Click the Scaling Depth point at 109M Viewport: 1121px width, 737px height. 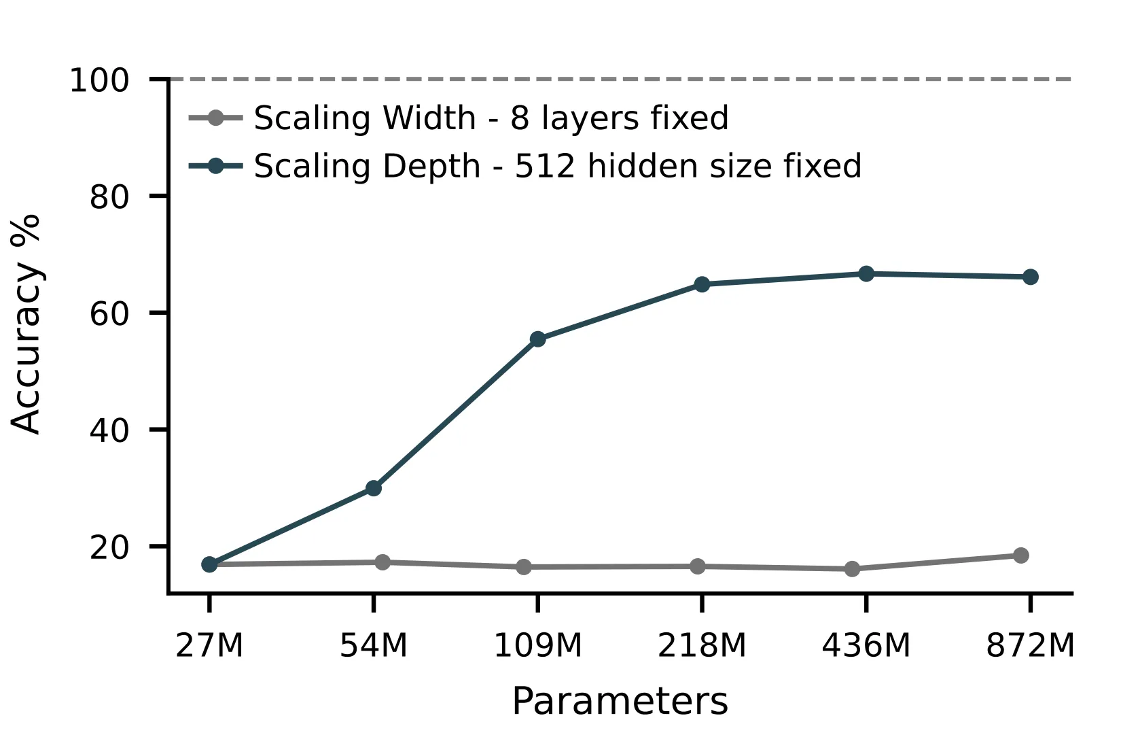click(x=537, y=339)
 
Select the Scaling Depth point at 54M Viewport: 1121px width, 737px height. click(x=374, y=488)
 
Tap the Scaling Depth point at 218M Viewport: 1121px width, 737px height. click(x=702, y=284)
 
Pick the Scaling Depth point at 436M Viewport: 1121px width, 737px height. click(x=866, y=274)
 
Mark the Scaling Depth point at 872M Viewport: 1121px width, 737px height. click(x=1030, y=277)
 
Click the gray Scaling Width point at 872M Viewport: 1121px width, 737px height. click(x=1020, y=555)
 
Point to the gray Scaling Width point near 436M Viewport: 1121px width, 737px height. click(x=852, y=569)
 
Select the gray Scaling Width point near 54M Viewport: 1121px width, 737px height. click(x=382, y=562)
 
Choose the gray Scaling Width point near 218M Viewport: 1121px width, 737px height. click(x=698, y=566)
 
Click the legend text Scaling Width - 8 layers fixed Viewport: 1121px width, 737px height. click(x=491, y=118)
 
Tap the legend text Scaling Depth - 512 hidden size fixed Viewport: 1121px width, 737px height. click(x=557, y=167)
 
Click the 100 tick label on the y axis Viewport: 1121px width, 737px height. click(x=99, y=81)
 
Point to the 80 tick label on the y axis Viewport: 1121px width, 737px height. click(x=109, y=197)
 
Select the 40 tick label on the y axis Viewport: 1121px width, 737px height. click(x=109, y=430)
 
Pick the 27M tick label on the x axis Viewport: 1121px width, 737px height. click(x=209, y=645)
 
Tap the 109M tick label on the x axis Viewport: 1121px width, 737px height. click(x=537, y=645)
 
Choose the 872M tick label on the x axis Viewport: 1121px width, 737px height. click(x=1030, y=645)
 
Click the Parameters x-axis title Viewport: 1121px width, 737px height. click(x=620, y=702)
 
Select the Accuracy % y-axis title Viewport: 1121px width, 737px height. click(x=27, y=324)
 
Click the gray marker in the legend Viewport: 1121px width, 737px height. click(x=215, y=118)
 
